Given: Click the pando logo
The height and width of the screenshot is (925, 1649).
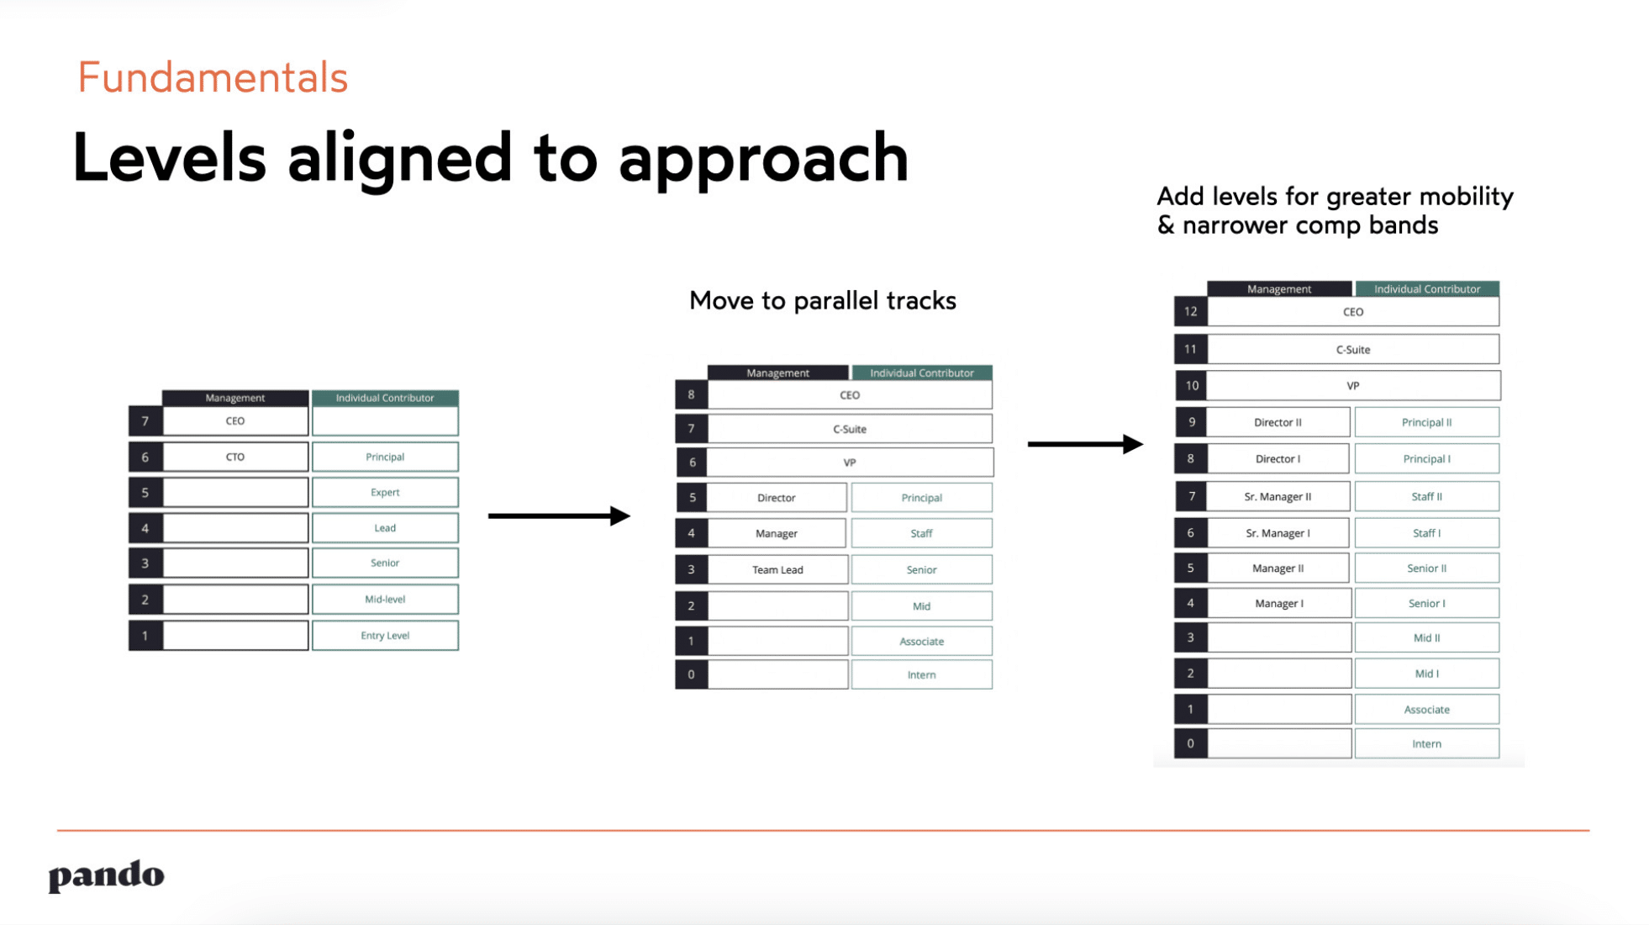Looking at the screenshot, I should (x=106, y=875).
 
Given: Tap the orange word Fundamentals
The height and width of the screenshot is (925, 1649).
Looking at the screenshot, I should (x=213, y=77).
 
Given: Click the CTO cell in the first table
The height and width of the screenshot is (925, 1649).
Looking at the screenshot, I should (x=234, y=457).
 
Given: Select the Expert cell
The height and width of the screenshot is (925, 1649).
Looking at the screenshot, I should (x=385, y=492).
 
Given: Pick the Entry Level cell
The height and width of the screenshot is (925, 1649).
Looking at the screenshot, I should (x=385, y=635).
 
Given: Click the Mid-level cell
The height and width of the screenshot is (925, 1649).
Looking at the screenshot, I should (x=385, y=599).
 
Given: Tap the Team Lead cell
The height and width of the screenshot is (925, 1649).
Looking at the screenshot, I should (x=777, y=569).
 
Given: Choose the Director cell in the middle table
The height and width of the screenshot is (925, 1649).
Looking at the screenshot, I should (x=776, y=498).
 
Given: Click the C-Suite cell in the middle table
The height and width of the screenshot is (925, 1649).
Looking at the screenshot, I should (x=849, y=429).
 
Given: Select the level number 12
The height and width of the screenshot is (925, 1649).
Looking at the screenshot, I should (x=1190, y=312).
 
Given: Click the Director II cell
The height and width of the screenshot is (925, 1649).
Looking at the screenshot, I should (x=1278, y=422).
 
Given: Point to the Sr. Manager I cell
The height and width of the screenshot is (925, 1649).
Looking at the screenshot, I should (x=1278, y=533).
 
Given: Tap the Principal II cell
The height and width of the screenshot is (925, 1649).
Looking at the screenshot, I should (x=1426, y=422).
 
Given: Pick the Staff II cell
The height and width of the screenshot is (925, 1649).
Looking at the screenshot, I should (x=1426, y=497).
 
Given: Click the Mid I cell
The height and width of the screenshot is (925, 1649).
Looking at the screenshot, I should (x=1426, y=674).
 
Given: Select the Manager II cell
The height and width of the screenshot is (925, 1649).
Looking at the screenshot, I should (x=1278, y=568).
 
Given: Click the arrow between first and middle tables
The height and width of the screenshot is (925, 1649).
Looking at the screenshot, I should (x=559, y=515).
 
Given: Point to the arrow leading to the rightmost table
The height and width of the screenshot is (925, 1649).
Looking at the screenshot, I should (x=1084, y=444).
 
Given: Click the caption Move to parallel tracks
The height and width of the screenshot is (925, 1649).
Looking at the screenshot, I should (x=822, y=301).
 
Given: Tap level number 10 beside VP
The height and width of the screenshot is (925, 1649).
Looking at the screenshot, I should (x=1191, y=386).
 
